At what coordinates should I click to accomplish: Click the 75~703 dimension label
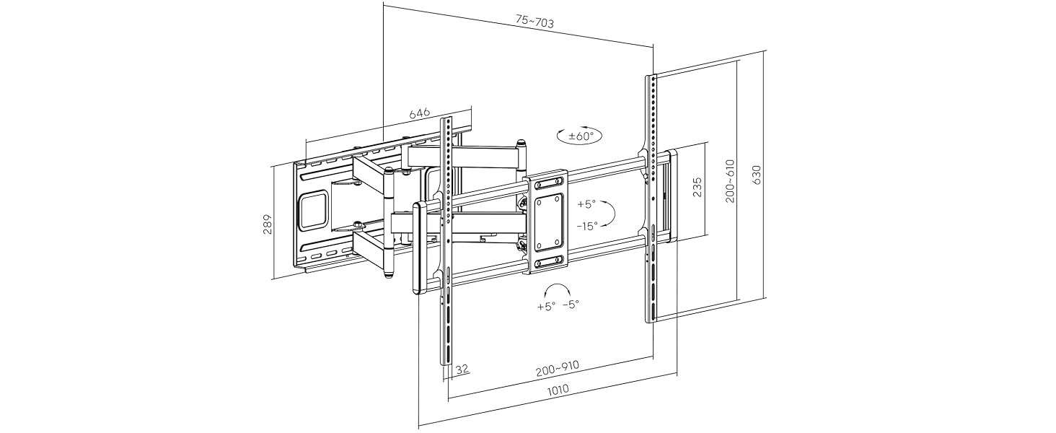point(534,22)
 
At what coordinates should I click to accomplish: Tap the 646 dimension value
point(420,113)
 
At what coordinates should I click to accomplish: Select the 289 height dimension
point(266,224)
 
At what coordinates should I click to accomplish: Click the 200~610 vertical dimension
point(730,181)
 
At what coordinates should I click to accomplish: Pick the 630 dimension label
point(757,175)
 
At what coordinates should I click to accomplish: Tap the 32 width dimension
point(462,369)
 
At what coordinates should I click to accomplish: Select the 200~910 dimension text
point(558,370)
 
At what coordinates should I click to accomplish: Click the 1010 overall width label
point(558,390)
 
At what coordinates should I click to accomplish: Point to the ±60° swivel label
point(580,136)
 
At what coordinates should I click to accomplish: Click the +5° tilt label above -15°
point(586,204)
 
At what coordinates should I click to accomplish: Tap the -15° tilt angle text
point(587,226)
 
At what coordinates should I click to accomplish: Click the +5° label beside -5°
point(546,306)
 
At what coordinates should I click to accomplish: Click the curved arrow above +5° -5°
point(555,289)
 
